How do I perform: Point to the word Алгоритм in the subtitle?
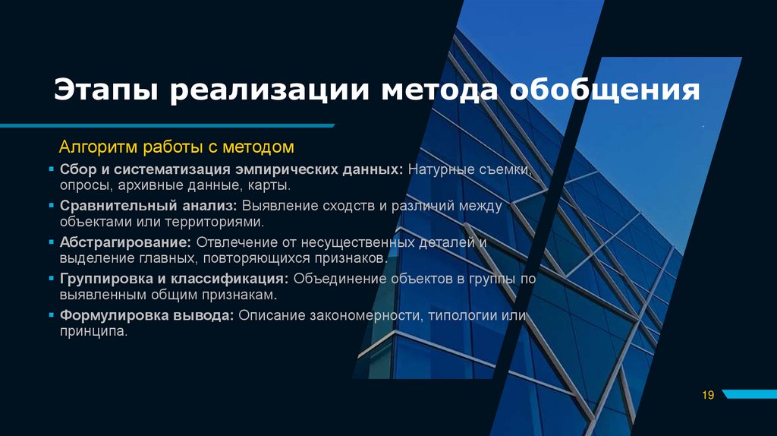click(x=96, y=146)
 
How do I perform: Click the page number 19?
click(x=709, y=394)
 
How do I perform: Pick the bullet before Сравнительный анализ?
click(x=52, y=206)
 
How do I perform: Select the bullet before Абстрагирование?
click(x=52, y=242)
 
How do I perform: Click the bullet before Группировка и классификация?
click(x=52, y=279)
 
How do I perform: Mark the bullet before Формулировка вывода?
click(x=52, y=315)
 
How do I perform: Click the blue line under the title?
click(x=167, y=125)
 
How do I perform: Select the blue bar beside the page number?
click(x=750, y=394)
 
